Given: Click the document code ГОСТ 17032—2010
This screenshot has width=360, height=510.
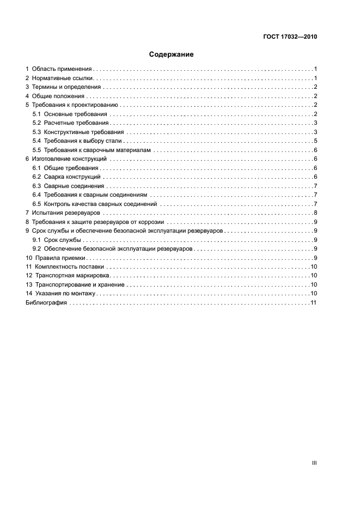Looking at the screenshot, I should click(x=289, y=37).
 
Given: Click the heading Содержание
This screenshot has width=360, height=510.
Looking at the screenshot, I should click(x=172, y=54).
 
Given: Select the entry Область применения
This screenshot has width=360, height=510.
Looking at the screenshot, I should click(x=62, y=69).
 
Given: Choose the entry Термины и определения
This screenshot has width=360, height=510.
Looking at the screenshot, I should click(x=66, y=87).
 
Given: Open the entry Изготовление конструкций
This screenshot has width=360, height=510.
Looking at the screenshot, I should click(x=69, y=159).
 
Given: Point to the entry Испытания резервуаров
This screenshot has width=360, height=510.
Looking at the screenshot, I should click(x=64, y=213).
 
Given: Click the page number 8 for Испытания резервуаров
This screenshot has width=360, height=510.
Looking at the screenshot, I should click(x=315, y=213).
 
